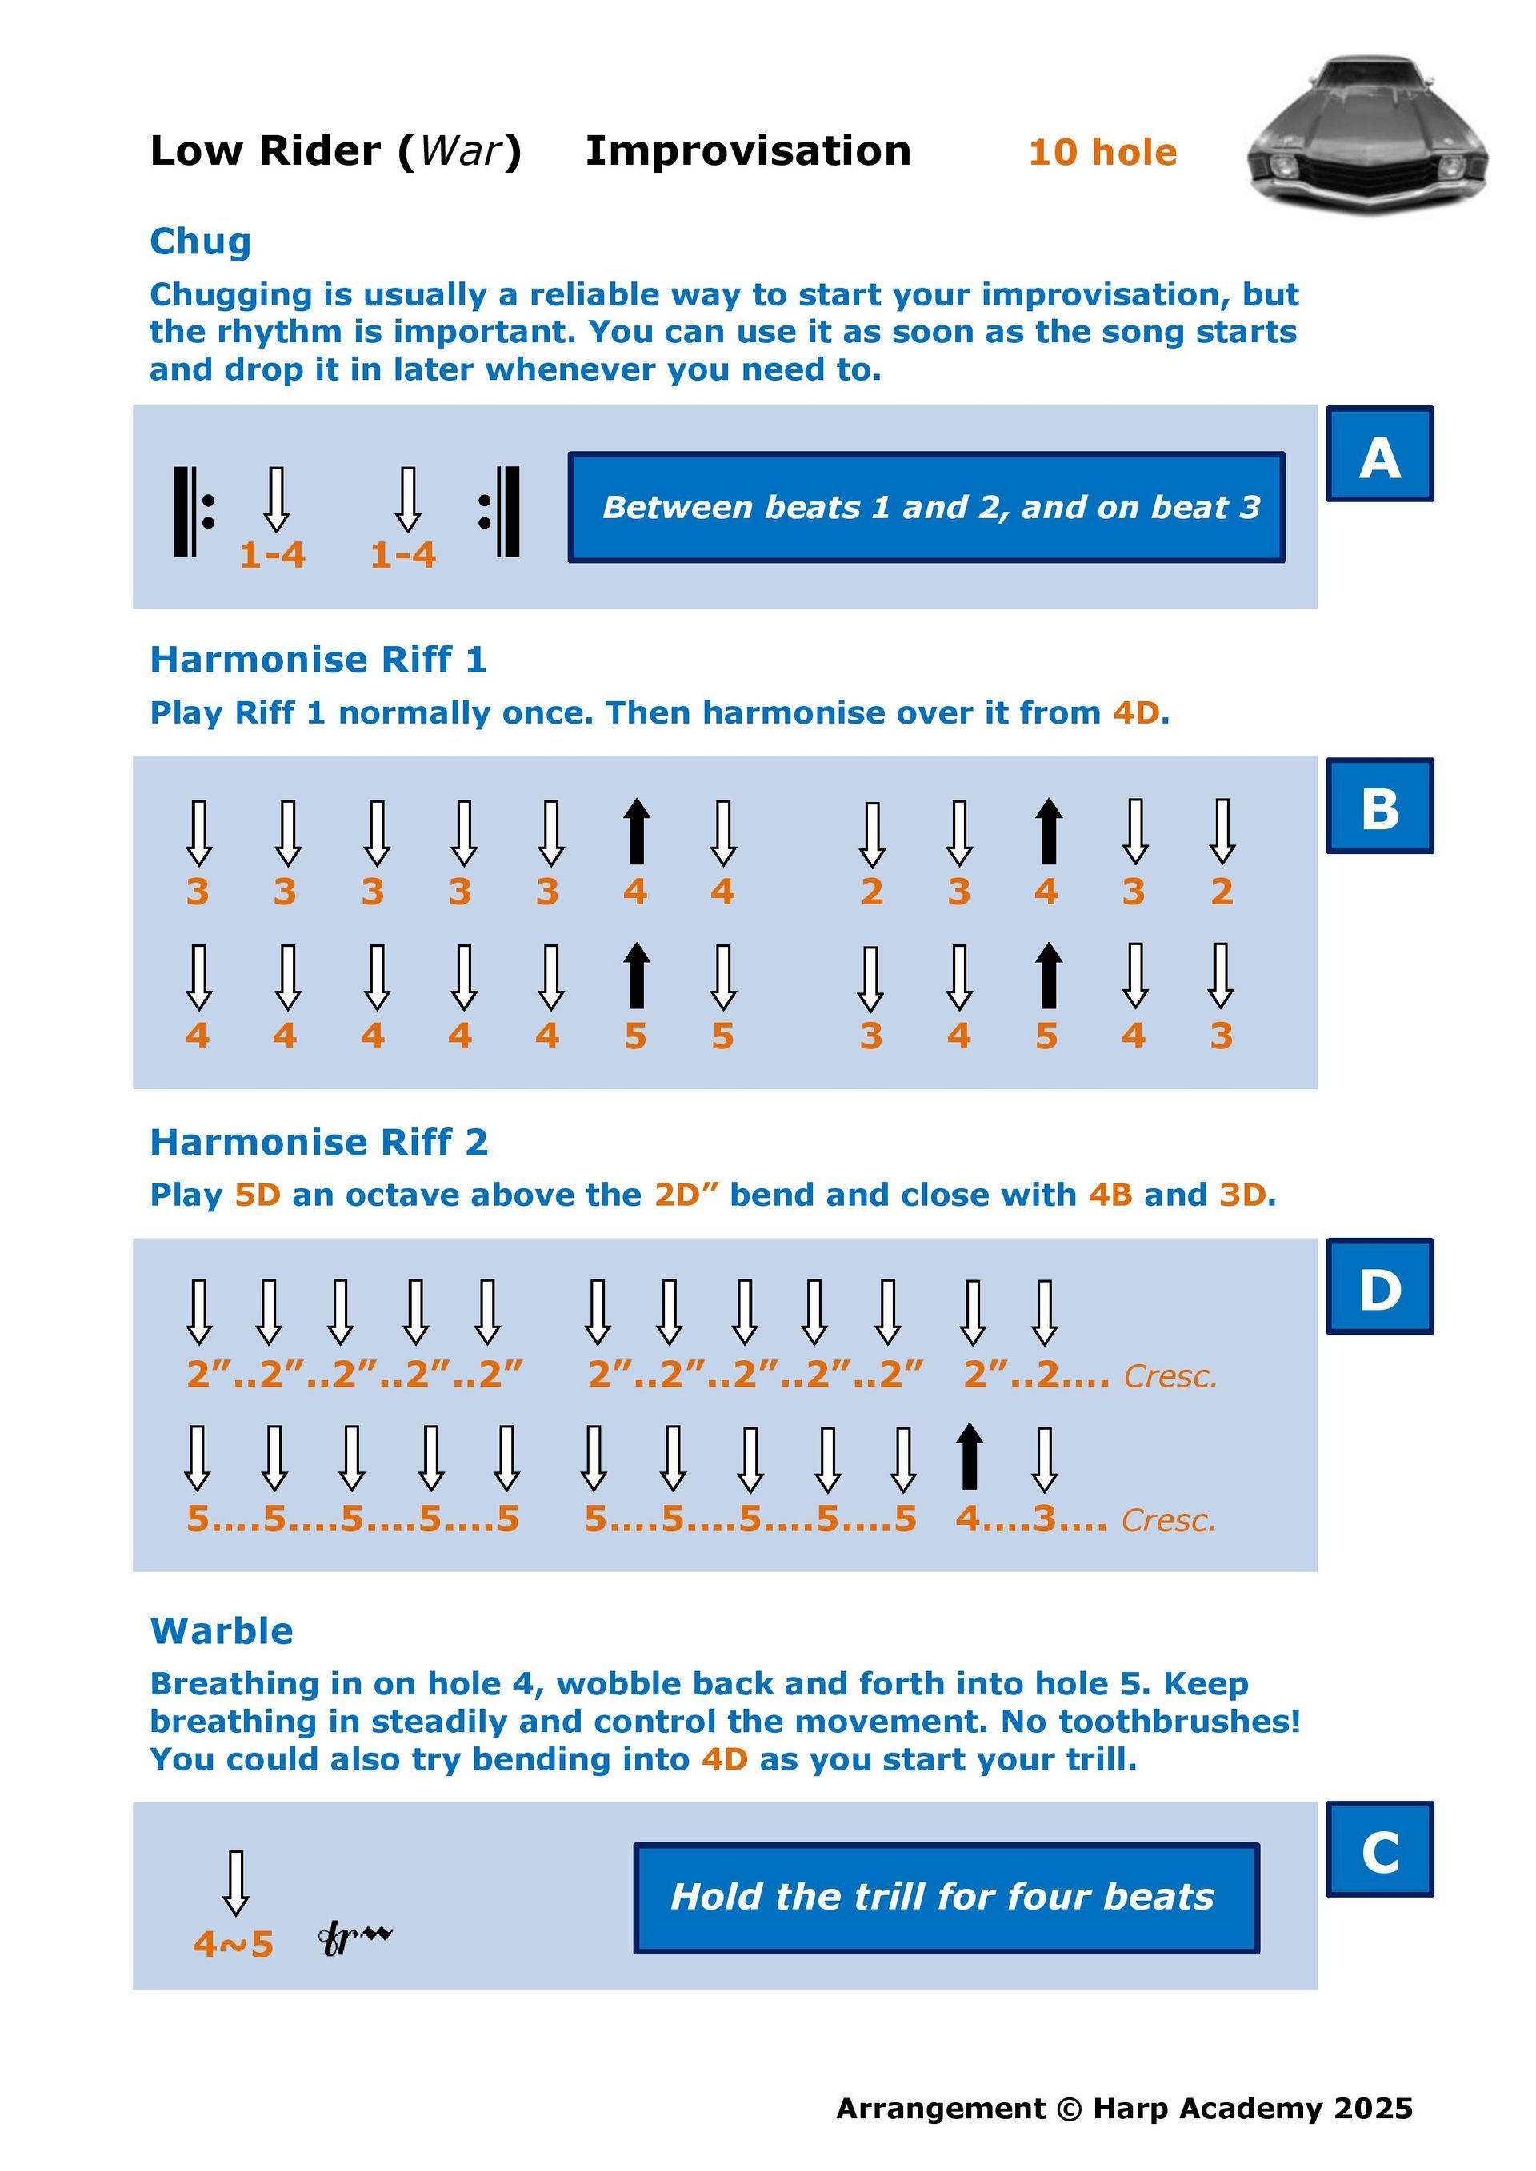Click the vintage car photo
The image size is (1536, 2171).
coord(1368,135)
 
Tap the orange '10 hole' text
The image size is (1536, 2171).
coord(1103,152)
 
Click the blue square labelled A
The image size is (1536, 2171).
coord(1380,454)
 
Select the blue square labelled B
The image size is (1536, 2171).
coord(1380,805)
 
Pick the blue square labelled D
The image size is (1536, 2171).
coord(1380,1286)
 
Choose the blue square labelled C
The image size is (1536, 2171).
coord(1380,1849)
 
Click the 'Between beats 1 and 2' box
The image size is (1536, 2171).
coord(926,507)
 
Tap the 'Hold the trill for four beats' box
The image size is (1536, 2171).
coord(946,1897)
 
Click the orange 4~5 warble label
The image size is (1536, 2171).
coord(233,1944)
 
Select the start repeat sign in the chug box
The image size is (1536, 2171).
coord(194,512)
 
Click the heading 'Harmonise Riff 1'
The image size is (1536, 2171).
coord(318,659)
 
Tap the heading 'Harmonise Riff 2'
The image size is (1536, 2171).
coord(318,1142)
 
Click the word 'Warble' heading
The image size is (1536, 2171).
coord(222,1631)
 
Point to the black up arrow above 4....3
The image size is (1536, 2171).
coord(969,1456)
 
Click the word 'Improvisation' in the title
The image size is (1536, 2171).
coord(748,151)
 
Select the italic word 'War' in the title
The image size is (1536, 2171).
coord(461,150)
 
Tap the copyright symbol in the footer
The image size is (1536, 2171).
coord(1069,2109)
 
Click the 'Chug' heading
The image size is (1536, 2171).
coord(201,242)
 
